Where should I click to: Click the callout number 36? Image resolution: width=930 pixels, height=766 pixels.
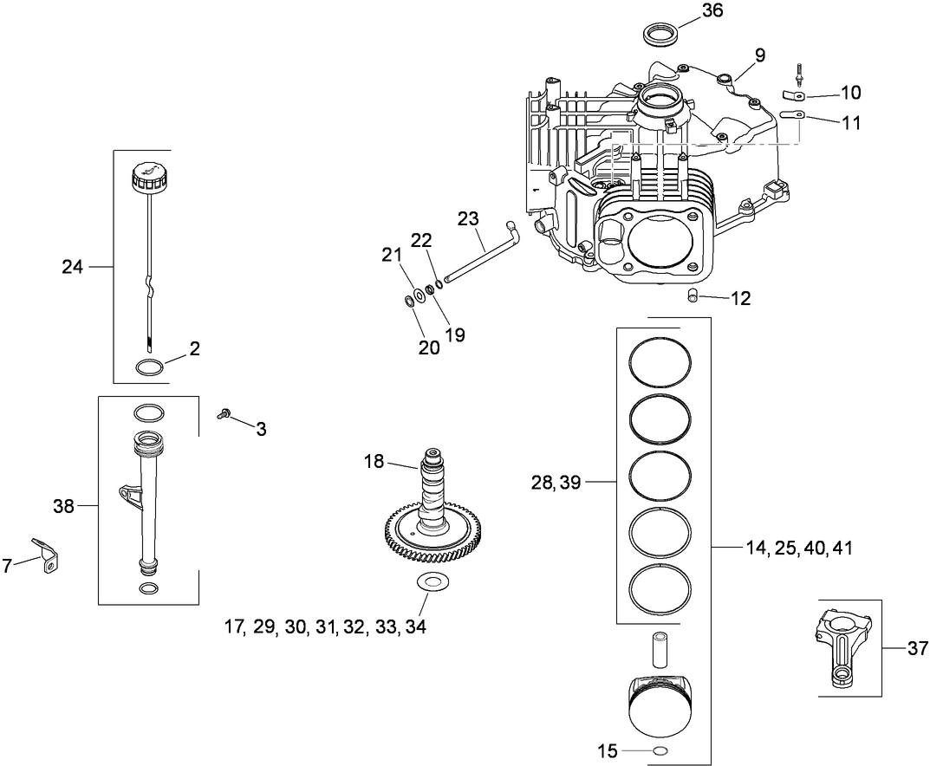click(x=712, y=10)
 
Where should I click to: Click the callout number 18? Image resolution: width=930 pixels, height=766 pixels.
click(x=373, y=461)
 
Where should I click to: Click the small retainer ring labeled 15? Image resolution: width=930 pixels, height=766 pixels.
click(x=660, y=750)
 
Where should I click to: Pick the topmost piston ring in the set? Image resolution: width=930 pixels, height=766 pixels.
click(x=660, y=360)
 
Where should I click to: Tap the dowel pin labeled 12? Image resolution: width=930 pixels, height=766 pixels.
click(x=693, y=296)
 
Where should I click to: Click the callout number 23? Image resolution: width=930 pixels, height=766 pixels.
click(x=468, y=219)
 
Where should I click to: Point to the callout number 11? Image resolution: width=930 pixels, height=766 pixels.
click(x=851, y=122)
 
